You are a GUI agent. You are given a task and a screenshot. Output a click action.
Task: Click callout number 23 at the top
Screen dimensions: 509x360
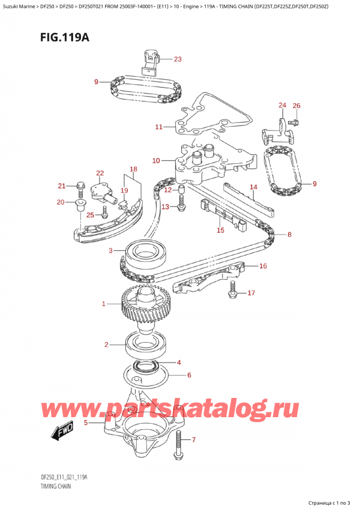tap(177, 59)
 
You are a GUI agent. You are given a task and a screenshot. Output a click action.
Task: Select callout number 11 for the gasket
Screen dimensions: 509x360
tap(158, 127)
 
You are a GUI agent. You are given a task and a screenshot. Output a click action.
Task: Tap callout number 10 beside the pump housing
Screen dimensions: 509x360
tap(156, 160)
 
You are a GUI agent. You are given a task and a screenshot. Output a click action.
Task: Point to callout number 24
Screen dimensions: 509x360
tap(283, 106)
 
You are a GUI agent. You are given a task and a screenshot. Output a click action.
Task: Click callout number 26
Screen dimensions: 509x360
tap(296, 106)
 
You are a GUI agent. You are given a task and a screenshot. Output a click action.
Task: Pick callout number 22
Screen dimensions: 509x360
tap(100, 173)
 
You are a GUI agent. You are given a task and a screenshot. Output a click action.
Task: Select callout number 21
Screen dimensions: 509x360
tap(61, 185)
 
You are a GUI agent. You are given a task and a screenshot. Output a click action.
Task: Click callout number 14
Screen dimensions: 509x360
tap(253, 187)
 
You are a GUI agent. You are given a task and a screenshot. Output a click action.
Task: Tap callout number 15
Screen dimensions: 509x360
tap(220, 230)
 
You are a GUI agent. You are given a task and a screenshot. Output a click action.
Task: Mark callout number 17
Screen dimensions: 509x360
tap(251, 293)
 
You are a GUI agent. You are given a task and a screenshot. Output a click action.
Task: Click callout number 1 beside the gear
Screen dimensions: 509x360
tap(103, 304)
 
